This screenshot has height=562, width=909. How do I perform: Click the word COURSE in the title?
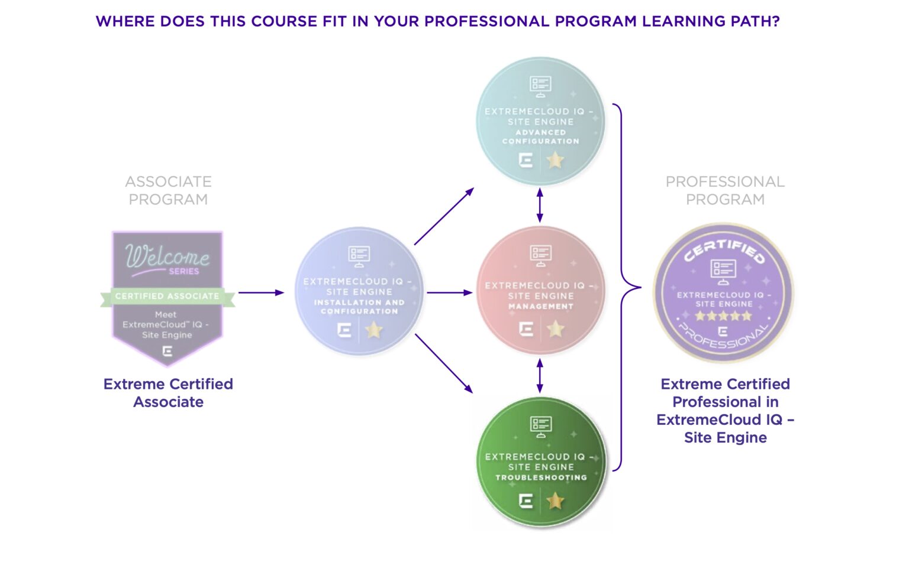[284, 21]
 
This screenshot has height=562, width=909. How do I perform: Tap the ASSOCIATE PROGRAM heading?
[169, 190]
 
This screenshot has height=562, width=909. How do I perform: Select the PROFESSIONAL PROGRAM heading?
[725, 190]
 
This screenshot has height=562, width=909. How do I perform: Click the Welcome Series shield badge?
[167, 298]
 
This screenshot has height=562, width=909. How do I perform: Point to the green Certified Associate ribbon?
[167, 297]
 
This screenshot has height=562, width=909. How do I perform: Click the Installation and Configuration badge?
[359, 291]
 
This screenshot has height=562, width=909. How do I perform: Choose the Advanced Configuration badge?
[540, 121]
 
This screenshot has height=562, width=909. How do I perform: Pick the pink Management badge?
[540, 291]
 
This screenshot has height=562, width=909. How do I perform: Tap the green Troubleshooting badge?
[541, 462]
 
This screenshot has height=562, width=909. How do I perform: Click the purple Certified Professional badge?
[723, 292]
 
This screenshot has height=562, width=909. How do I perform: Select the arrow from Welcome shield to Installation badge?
[261, 292]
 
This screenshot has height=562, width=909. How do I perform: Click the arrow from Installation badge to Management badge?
[450, 292]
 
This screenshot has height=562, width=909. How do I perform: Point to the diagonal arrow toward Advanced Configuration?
[444, 216]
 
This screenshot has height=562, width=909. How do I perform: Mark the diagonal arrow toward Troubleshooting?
[444, 363]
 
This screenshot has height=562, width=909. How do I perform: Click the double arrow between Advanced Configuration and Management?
[540, 205]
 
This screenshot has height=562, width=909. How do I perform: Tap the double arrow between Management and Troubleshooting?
[540, 376]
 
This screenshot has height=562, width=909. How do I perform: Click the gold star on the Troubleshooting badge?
[555, 501]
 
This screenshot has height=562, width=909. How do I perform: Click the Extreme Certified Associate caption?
[169, 392]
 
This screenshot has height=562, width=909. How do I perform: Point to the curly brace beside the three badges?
[627, 287]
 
